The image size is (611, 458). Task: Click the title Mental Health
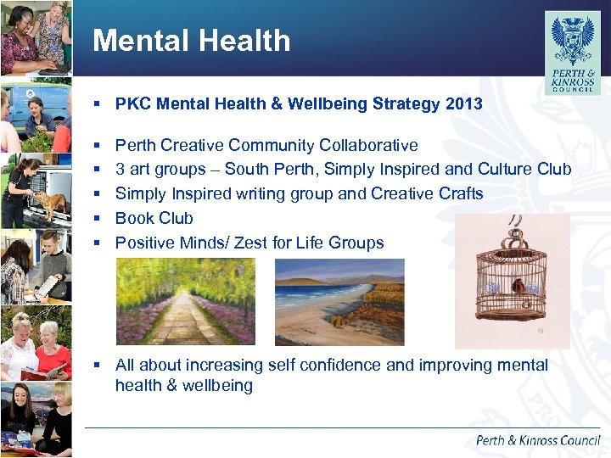tap(191, 41)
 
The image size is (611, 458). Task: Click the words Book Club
tap(154, 218)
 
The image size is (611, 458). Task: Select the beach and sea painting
tap(339, 301)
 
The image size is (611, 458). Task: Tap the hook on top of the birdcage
tap(515, 226)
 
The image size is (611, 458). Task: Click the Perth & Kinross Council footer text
tap(537, 440)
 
